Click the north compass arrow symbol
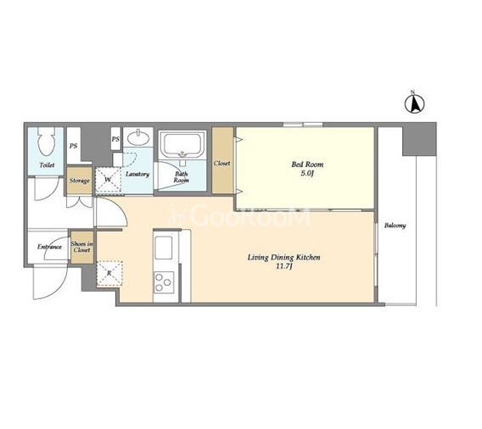click(x=414, y=103)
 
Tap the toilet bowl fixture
click(x=47, y=142)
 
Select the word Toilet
click(x=47, y=165)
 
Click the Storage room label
click(x=79, y=181)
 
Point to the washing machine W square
click(x=108, y=180)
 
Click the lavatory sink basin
click(x=138, y=137)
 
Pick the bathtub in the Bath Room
click(x=182, y=144)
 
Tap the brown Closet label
click(x=222, y=163)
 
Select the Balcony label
click(x=395, y=226)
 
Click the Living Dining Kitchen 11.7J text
click(x=283, y=261)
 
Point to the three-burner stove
click(x=164, y=282)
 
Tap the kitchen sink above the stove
click(x=164, y=248)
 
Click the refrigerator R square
click(x=109, y=274)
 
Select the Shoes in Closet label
click(x=81, y=247)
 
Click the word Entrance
click(x=49, y=247)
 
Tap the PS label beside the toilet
click(x=73, y=146)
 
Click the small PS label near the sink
click(x=115, y=139)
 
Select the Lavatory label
click(x=137, y=174)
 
